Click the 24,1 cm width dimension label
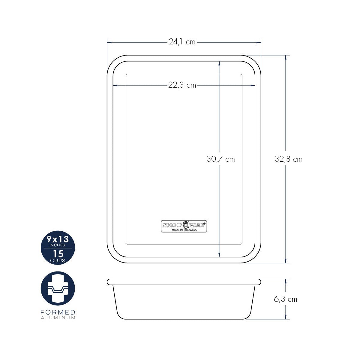pos(182,42)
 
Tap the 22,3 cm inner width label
pos(182,85)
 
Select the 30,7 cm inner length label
pos(220,159)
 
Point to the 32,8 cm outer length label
pos(288,159)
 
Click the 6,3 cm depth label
pos(286,299)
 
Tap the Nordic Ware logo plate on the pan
pos(184,226)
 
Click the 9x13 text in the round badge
pos(58,239)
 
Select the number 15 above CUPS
pos(58,254)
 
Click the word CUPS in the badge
pos(58,260)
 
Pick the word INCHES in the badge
pos(57,245)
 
